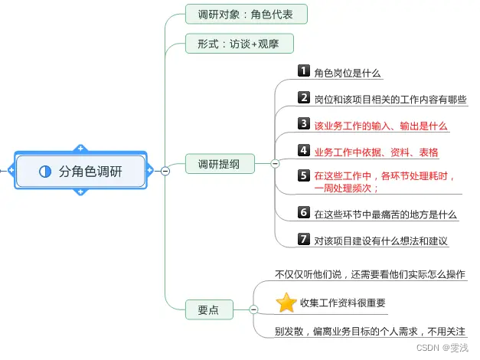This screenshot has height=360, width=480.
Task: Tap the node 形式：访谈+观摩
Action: pyautogui.click(x=239, y=44)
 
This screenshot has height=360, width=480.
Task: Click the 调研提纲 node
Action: pyautogui.click(x=220, y=163)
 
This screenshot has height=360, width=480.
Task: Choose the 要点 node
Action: pyautogui.click(x=207, y=309)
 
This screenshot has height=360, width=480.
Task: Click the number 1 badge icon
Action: pyautogui.click(x=304, y=72)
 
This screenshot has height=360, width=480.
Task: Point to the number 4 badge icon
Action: pyautogui.click(x=304, y=150)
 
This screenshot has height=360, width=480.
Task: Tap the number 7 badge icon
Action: pyautogui.click(x=304, y=239)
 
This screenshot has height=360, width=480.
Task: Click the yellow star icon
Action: pyautogui.click(x=286, y=303)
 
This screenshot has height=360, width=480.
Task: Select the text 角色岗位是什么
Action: pyautogui.click(x=348, y=74)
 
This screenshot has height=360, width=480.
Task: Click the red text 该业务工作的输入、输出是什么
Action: pyautogui.click(x=380, y=125)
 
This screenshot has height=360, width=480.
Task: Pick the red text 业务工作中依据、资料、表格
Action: pyautogui.click(x=376, y=151)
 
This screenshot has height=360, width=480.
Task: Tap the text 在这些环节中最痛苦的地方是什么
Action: pyautogui.click(x=385, y=214)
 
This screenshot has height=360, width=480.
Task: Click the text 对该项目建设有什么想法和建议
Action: pyautogui.click(x=380, y=241)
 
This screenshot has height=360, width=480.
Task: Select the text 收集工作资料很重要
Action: pyautogui.click(x=342, y=303)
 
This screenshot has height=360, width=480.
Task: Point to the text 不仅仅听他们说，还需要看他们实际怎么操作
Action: pyautogui.click(x=369, y=273)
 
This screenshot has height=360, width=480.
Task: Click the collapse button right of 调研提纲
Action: pyautogui.click(x=275, y=163)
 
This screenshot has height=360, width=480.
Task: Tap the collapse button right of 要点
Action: pyautogui.click(x=253, y=309)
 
